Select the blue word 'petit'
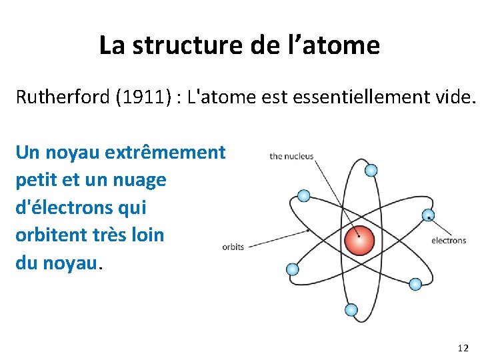click(x=37, y=180)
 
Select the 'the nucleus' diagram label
click(x=291, y=157)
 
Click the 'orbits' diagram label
click(x=233, y=247)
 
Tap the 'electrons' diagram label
click(x=449, y=240)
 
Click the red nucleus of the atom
click(x=359, y=242)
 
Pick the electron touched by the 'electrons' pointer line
click(x=428, y=215)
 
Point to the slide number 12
click(x=463, y=348)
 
